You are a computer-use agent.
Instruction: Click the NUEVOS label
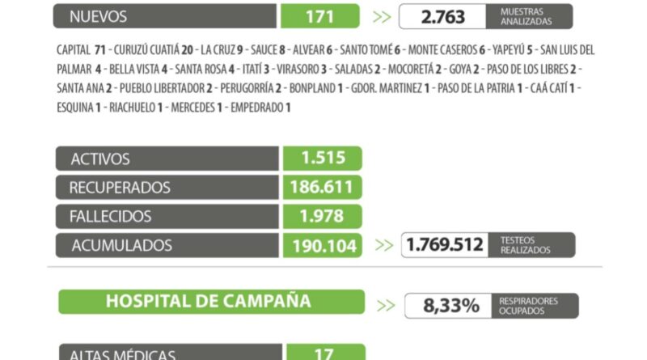pyautogui.click(x=99, y=16)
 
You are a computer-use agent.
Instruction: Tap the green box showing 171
pyautogui.click(x=320, y=16)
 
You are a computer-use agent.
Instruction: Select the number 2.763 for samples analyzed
pyautogui.click(x=442, y=16)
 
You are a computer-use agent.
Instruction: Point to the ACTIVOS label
pyautogui.click(x=100, y=159)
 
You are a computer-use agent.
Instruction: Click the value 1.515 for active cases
pyautogui.click(x=322, y=159)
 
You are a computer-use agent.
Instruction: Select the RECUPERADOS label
pyautogui.click(x=120, y=188)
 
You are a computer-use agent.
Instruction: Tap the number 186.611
pyautogui.click(x=322, y=188)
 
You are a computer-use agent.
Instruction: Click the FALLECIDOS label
pyautogui.click(x=110, y=216)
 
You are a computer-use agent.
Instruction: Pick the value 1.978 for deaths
pyautogui.click(x=322, y=216)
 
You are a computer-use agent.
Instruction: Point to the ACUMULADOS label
pyautogui.click(x=121, y=245)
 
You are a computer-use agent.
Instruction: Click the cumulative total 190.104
pyautogui.click(x=322, y=245)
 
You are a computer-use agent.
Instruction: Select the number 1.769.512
pyautogui.click(x=446, y=245)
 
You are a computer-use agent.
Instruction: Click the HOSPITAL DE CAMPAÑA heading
pyautogui.click(x=209, y=301)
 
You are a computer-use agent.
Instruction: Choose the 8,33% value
pyautogui.click(x=452, y=306)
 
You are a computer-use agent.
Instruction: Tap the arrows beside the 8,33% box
pyautogui.click(x=386, y=306)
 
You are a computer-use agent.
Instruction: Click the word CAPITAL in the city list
pyautogui.click(x=74, y=49)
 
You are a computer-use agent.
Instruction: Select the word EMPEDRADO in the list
pyautogui.click(x=256, y=108)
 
